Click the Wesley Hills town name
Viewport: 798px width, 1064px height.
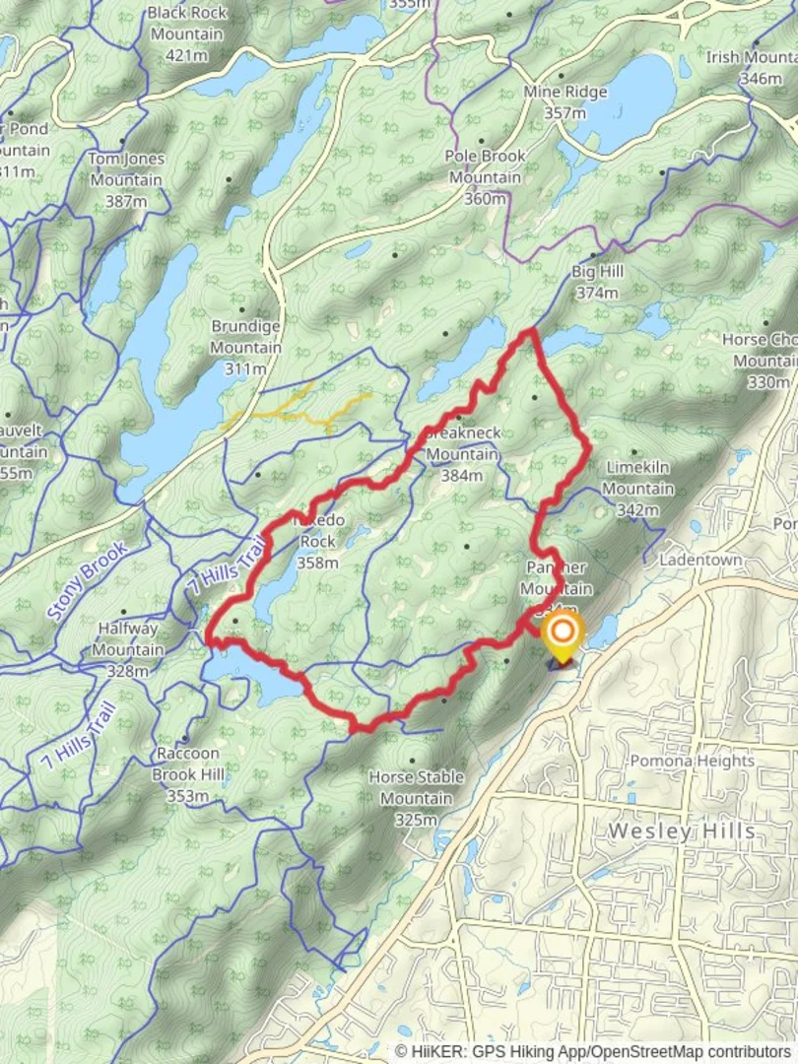682,831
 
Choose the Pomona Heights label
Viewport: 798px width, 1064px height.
692,761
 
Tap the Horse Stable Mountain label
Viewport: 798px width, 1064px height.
416,788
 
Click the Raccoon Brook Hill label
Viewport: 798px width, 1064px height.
187,765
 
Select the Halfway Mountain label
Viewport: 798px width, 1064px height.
128,639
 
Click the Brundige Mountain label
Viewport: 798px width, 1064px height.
245,336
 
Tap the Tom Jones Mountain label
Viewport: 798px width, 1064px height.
126,168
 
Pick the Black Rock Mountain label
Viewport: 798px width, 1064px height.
186,24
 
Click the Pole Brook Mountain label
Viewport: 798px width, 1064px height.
486,166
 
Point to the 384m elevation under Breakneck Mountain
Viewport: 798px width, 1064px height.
461,476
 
